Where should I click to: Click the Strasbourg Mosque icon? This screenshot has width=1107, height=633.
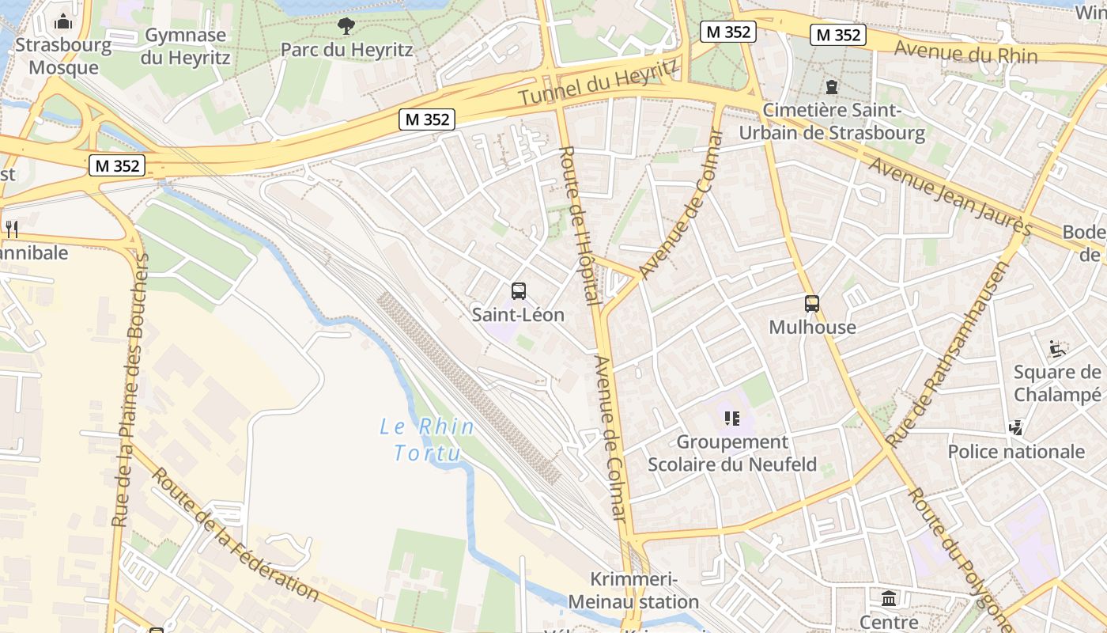click(x=63, y=21)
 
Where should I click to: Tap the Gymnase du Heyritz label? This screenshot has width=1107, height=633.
click(x=186, y=47)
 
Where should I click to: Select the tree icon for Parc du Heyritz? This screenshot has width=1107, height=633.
click(x=346, y=26)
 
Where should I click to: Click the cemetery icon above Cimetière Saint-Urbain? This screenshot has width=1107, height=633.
click(x=831, y=86)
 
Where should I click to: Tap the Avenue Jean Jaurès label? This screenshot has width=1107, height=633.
click(x=950, y=196)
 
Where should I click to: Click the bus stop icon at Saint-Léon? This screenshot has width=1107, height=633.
click(x=518, y=291)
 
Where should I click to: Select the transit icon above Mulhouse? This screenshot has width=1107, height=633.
click(x=812, y=304)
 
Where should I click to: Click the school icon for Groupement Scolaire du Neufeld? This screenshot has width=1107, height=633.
click(x=731, y=418)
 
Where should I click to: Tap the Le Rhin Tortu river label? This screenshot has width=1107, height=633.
click(x=426, y=440)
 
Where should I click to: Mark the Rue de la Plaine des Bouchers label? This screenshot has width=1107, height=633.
click(x=130, y=390)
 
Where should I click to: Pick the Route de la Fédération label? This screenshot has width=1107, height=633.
click(x=235, y=534)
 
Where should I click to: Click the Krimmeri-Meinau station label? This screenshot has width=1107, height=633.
click(x=633, y=591)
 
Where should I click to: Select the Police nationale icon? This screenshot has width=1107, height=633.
click(x=1016, y=428)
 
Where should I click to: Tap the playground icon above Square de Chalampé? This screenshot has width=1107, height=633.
click(x=1056, y=348)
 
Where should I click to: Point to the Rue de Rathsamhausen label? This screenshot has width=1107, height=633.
click(x=947, y=354)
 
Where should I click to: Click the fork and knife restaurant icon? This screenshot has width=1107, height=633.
click(x=11, y=229)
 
